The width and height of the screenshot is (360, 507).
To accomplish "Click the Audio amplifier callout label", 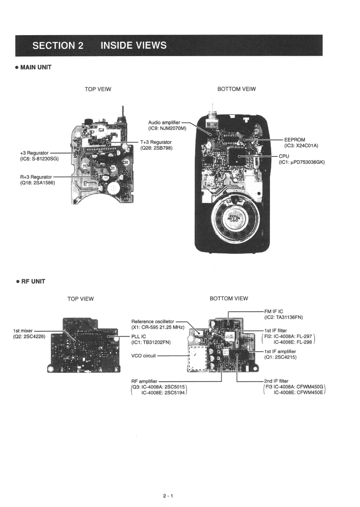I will (164, 122).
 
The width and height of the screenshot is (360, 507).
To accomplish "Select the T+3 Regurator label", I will (156, 142).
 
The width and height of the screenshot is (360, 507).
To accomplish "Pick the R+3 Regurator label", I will (36, 177).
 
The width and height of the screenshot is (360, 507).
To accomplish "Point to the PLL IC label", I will (138, 336).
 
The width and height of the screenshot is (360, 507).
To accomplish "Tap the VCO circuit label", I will (143, 356).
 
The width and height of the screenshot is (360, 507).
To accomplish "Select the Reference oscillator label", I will (152, 321).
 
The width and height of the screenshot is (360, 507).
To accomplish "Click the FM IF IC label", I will (274, 311).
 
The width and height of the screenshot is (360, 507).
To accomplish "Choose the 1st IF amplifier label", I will (280, 351).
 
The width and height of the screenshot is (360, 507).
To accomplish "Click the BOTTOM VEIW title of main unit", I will (236, 89).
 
